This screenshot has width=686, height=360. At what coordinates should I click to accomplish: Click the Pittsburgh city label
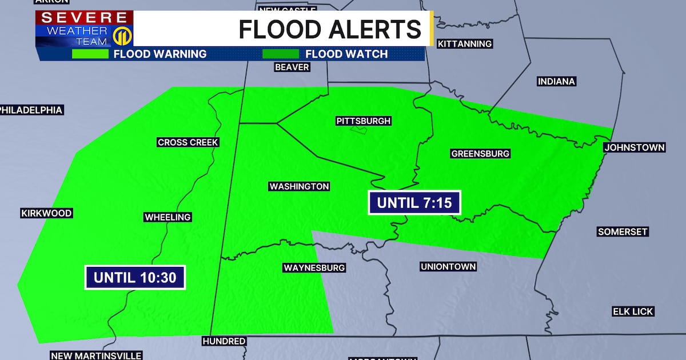click(364, 121)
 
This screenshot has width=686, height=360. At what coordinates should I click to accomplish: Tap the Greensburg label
click(480, 154)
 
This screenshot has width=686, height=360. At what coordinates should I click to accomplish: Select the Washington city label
click(299, 186)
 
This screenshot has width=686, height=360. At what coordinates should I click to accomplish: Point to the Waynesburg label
click(314, 267)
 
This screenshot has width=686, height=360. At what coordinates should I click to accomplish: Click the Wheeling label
click(167, 217)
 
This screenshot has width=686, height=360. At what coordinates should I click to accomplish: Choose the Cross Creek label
click(188, 142)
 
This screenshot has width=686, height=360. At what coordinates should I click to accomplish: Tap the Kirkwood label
click(46, 213)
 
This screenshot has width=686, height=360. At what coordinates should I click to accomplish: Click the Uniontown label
click(448, 267)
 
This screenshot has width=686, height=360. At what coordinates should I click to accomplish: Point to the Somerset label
click(623, 231)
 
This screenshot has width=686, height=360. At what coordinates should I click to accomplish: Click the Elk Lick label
click(633, 311)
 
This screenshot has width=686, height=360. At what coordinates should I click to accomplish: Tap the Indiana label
click(556, 82)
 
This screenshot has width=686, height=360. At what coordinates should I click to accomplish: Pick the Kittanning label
click(464, 44)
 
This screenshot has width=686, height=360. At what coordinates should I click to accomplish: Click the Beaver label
click(292, 67)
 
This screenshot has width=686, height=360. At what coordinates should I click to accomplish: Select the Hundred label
click(224, 341)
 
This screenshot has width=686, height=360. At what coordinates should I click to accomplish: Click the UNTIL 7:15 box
click(414, 203)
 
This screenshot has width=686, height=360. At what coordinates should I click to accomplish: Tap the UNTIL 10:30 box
click(135, 278)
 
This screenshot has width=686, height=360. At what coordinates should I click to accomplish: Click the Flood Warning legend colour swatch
click(90, 54)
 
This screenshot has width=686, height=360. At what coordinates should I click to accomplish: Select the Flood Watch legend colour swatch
click(280, 54)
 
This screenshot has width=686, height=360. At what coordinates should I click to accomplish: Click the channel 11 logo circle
click(121, 36)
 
